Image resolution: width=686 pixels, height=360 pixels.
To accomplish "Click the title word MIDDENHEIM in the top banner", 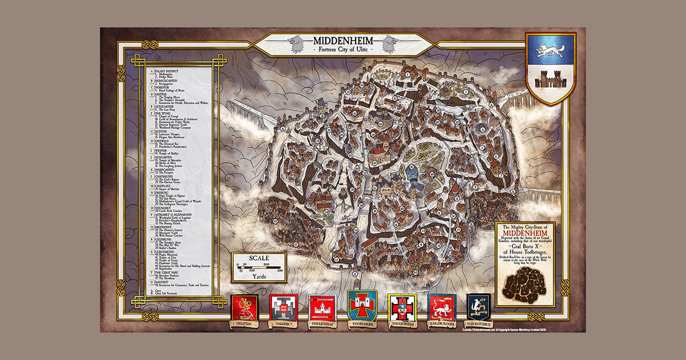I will (x=342, y=41).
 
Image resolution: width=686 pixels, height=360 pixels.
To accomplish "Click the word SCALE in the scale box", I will (x=259, y=258).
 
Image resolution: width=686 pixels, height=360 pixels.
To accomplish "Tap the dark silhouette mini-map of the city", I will (x=529, y=284).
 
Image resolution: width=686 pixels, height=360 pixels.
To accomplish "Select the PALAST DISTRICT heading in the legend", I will (x=166, y=71).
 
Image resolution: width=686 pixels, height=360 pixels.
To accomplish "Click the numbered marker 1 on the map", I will (x=407, y=74).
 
